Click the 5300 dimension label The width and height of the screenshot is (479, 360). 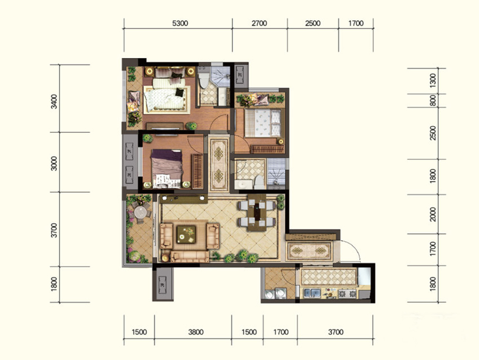[180, 23]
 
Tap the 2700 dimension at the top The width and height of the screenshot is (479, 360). [259, 23]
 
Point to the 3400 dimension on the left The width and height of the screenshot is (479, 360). [54, 101]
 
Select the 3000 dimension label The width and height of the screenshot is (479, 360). [54, 163]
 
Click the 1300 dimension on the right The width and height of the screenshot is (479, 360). [433, 80]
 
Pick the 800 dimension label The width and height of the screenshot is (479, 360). [433, 100]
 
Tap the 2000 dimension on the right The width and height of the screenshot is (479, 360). [433, 214]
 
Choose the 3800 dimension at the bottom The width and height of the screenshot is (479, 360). [196, 332]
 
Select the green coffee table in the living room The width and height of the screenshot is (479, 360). [186, 234]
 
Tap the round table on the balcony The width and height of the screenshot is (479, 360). [141, 212]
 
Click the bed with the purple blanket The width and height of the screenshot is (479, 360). [167, 168]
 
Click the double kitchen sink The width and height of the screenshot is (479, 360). [311, 293]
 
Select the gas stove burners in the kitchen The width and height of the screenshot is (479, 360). [348, 293]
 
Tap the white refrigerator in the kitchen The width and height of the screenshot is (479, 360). [364, 276]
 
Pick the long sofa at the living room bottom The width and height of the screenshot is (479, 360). [189, 256]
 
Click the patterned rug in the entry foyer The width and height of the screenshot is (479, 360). [309, 251]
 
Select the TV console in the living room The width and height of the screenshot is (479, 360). [184, 199]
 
